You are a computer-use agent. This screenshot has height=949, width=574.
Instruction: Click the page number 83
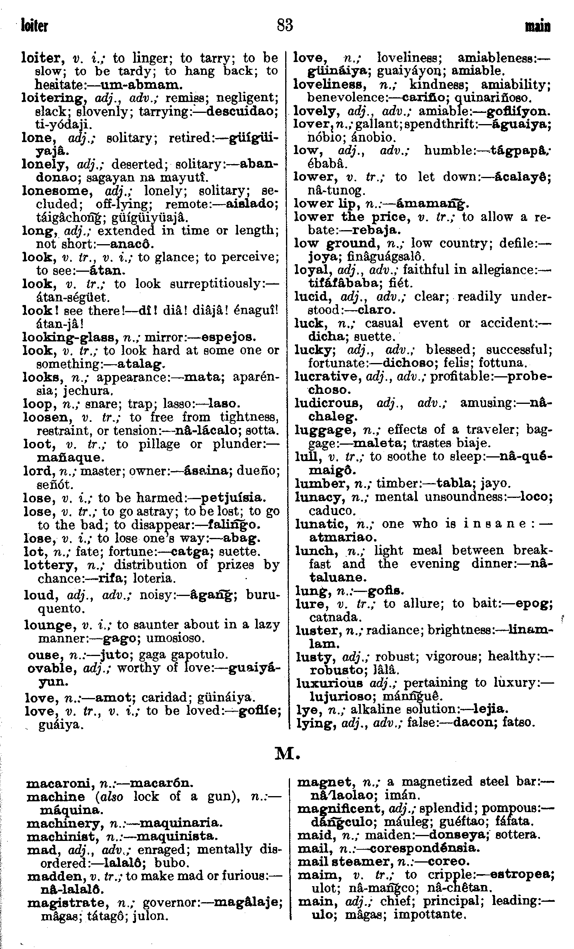pos(285,26)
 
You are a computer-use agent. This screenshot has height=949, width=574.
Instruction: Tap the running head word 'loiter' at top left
pos(35,26)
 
